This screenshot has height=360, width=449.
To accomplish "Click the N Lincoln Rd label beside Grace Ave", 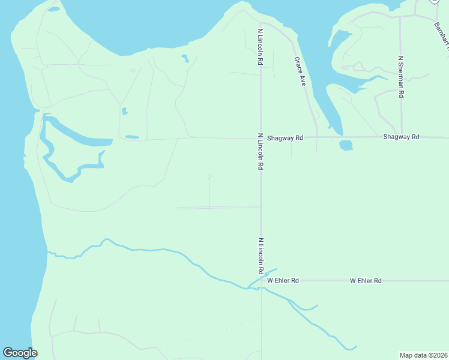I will pos(261,46).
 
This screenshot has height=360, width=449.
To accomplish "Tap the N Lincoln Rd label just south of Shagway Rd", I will pos(261,151).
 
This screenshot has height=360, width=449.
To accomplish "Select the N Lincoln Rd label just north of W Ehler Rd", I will pos(261,256).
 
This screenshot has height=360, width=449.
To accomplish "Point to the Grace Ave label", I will pos(300,71).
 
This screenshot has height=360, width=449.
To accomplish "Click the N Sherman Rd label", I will pos(401,77).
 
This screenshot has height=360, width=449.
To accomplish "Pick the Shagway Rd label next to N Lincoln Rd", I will pos(285,137).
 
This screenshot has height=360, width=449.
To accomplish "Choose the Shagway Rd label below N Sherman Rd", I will pos(401,137).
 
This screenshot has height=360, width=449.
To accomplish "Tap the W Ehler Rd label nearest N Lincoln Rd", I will pos(283,280).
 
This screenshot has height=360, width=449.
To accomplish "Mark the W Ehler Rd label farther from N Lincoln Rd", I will pos(366,280).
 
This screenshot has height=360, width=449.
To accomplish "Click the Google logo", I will pos(20,353).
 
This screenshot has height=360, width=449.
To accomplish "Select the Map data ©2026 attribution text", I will pos(423,355).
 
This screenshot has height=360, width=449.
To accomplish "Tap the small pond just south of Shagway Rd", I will pos(346,145).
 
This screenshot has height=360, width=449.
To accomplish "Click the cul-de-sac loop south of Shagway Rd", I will pos(209,176).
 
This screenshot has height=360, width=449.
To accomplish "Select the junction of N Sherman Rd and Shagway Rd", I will pos(401,137).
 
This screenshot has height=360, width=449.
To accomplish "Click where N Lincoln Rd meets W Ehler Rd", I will pos(261,280).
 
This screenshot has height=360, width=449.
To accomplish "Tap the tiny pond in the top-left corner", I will pos(53,10).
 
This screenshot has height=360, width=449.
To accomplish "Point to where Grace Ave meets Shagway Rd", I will pos(317,137).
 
